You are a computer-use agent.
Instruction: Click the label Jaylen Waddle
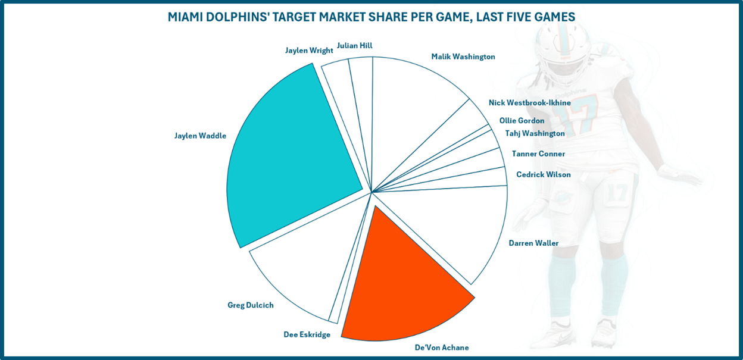200,136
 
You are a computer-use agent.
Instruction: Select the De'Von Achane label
442,348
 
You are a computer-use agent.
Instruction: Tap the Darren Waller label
533,243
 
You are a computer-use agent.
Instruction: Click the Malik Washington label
463,57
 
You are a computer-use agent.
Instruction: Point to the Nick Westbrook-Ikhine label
530,102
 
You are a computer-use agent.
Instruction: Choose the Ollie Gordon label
522,120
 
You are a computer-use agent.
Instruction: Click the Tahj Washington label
535,133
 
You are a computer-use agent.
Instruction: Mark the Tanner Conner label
538,154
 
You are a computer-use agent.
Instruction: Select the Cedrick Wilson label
544,174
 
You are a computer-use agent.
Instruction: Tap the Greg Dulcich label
251,305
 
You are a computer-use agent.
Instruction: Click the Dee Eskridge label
307,334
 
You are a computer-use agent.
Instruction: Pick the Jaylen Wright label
309,50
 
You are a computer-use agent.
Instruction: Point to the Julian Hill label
354,45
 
